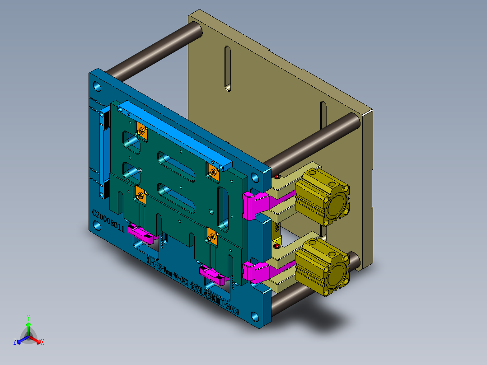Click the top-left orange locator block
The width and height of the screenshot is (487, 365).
point(141,131)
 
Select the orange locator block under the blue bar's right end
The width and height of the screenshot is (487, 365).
point(213,172)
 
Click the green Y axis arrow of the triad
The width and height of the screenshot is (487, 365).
point(28,326)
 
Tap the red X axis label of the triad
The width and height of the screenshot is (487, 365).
point(42,342)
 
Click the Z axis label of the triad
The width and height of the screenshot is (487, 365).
point(15,342)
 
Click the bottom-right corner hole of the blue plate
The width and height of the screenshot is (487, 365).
point(256,315)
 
